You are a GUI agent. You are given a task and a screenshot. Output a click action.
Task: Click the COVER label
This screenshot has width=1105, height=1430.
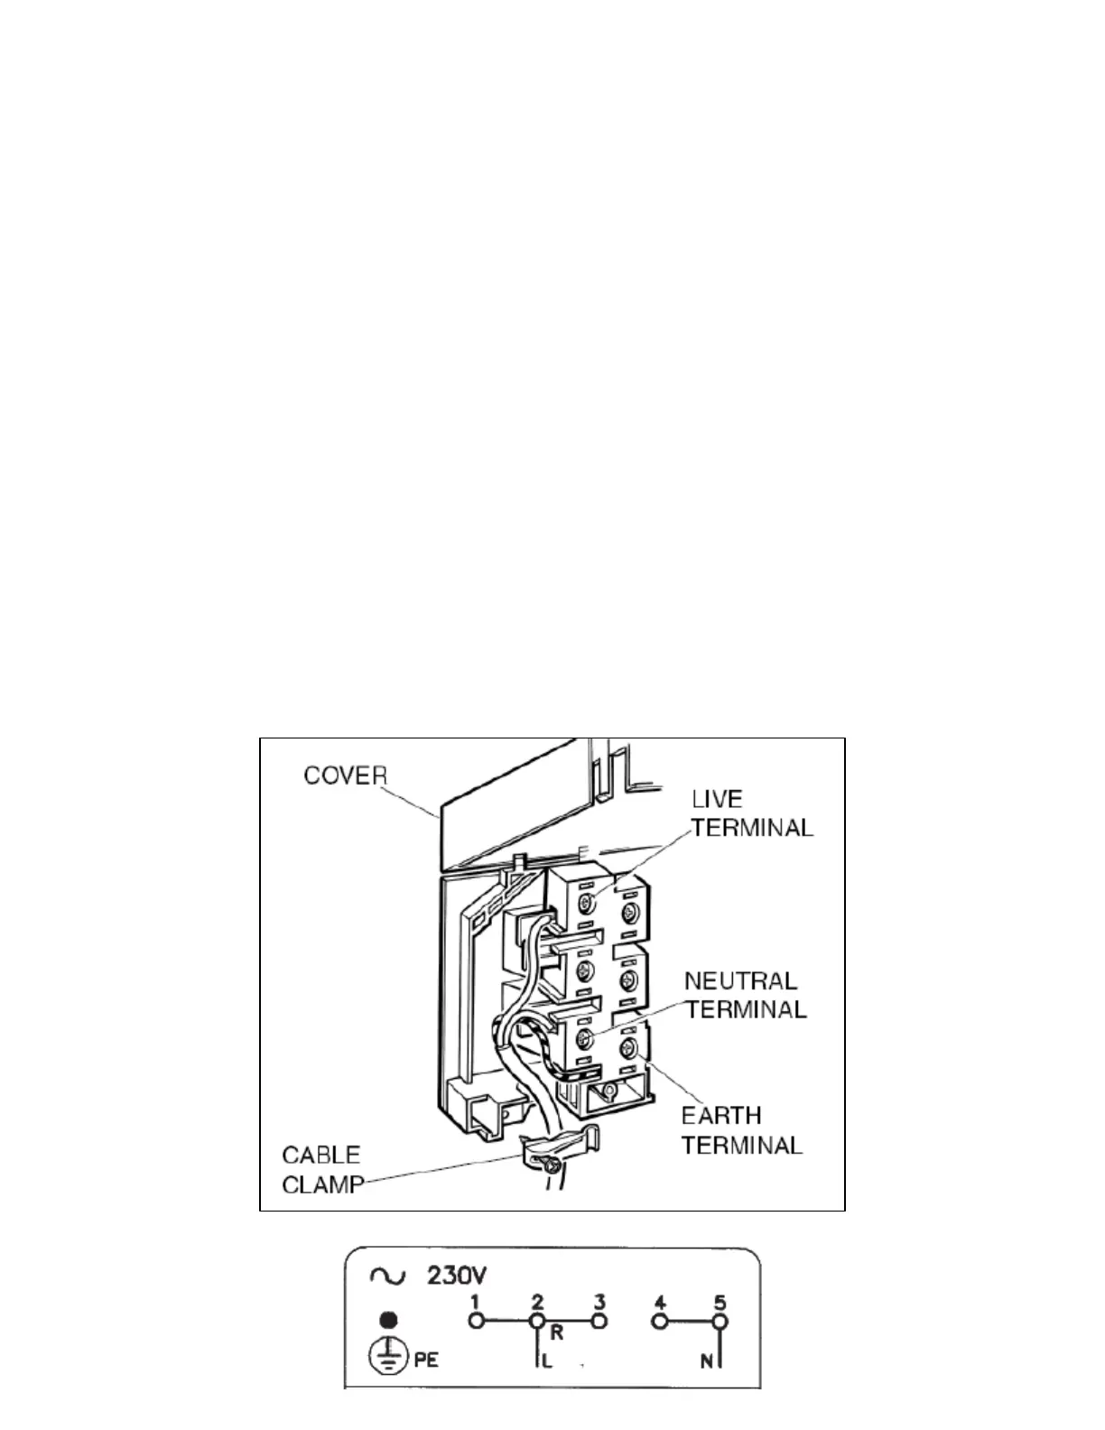345,775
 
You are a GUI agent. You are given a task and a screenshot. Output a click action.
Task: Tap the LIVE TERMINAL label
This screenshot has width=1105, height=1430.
752,812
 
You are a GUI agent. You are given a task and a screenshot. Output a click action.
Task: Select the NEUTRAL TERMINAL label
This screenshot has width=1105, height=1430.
744,994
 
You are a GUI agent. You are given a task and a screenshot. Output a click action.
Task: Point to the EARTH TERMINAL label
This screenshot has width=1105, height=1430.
740,1130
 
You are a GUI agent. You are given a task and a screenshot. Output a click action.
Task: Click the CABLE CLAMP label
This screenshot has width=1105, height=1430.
321,1169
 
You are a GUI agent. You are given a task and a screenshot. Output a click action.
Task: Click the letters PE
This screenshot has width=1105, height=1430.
426,1359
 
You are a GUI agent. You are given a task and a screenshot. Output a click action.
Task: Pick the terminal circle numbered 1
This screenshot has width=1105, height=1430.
477,1321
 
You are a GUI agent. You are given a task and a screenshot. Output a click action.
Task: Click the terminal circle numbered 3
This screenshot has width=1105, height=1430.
599,1321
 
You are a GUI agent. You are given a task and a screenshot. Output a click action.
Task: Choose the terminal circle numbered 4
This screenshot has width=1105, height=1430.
661,1321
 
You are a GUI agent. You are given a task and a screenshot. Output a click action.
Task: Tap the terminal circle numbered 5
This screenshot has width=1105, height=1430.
720,1321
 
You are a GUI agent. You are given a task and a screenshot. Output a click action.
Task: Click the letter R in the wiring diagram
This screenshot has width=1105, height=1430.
557,1332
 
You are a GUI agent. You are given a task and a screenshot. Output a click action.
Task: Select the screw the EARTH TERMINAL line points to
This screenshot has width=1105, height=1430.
629,1048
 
